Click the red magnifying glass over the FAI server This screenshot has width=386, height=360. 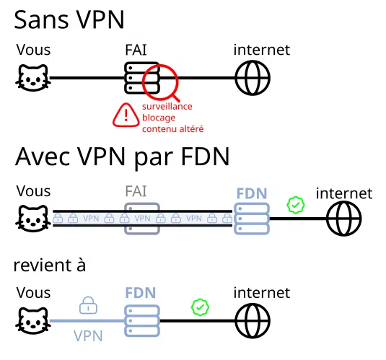click(160, 81)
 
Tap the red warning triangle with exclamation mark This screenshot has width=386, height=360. click(127, 115)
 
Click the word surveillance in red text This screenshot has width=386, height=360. click(167, 106)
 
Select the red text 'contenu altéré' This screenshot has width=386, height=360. click(172, 129)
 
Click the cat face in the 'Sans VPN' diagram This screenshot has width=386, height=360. click(32, 78)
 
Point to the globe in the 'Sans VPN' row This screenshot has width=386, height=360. click(253, 78)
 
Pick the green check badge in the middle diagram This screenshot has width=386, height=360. click(295, 206)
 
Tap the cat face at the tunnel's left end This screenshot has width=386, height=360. click(32, 217)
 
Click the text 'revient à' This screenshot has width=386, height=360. click(49, 265)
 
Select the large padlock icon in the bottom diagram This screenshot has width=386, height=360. click(88, 304)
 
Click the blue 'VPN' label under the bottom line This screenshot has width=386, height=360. click(88, 335)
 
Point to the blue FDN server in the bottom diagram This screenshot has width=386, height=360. click(141, 320)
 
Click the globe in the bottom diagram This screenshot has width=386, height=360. click(253, 320)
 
